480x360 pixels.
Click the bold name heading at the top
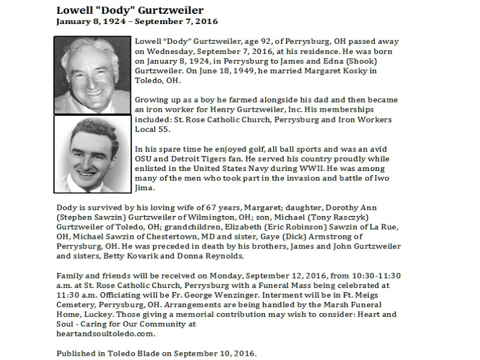pyautogui.click(x=129, y=10)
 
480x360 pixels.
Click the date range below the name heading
pyautogui.click(x=137, y=22)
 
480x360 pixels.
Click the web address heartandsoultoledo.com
pyautogui.click(x=106, y=334)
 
